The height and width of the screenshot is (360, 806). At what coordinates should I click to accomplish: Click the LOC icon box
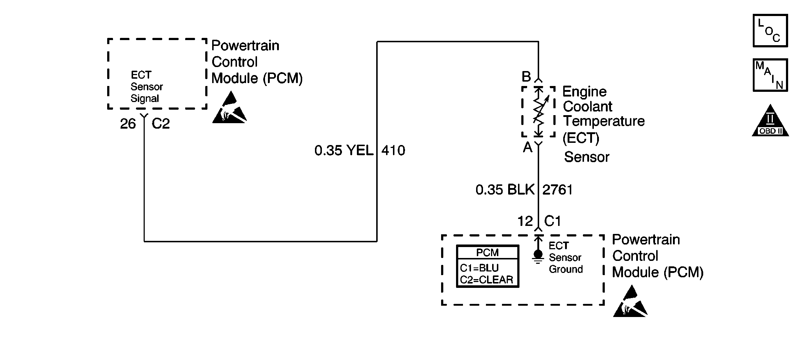tap(770, 31)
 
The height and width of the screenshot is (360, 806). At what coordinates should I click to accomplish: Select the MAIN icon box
tap(770, 75)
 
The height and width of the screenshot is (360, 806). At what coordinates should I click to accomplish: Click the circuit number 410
tap(393, 150)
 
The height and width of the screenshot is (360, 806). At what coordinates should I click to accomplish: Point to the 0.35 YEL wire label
tap(344, 150)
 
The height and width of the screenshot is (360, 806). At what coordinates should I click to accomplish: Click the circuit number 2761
tap(557, 190)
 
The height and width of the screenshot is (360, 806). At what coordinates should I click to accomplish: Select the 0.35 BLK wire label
tap(505, 190)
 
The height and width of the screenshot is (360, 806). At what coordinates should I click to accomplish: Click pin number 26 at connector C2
tap(128, 124)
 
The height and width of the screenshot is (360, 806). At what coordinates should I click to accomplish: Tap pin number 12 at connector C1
tap(525, 221)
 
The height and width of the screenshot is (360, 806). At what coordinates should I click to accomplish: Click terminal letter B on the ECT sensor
tap(526, 77)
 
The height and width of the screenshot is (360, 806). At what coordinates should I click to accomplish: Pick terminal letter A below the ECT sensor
tap(527, 147)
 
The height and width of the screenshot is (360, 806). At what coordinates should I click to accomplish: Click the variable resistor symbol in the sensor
tap(539, 111)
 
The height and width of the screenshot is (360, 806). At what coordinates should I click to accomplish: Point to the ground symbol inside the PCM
tap(538, 257)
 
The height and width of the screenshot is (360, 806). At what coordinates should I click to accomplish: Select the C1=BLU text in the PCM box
tap(479, 268)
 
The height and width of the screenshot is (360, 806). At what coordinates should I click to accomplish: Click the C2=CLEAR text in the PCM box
tap(486, 280)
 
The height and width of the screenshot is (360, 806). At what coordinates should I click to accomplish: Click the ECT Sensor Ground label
tap(565, 257)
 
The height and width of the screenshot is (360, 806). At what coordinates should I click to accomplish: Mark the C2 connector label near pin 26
tap(161, 124)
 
